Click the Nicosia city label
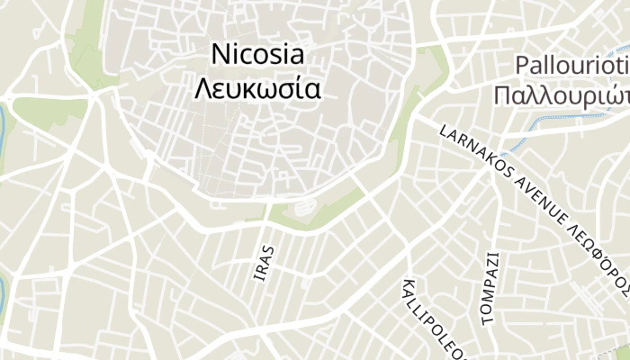point(257,54)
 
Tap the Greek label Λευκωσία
point(257,90)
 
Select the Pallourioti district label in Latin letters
point(572,66)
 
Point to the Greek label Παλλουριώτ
point(562,95)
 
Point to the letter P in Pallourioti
point(523,66)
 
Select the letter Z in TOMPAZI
point(490,267)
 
